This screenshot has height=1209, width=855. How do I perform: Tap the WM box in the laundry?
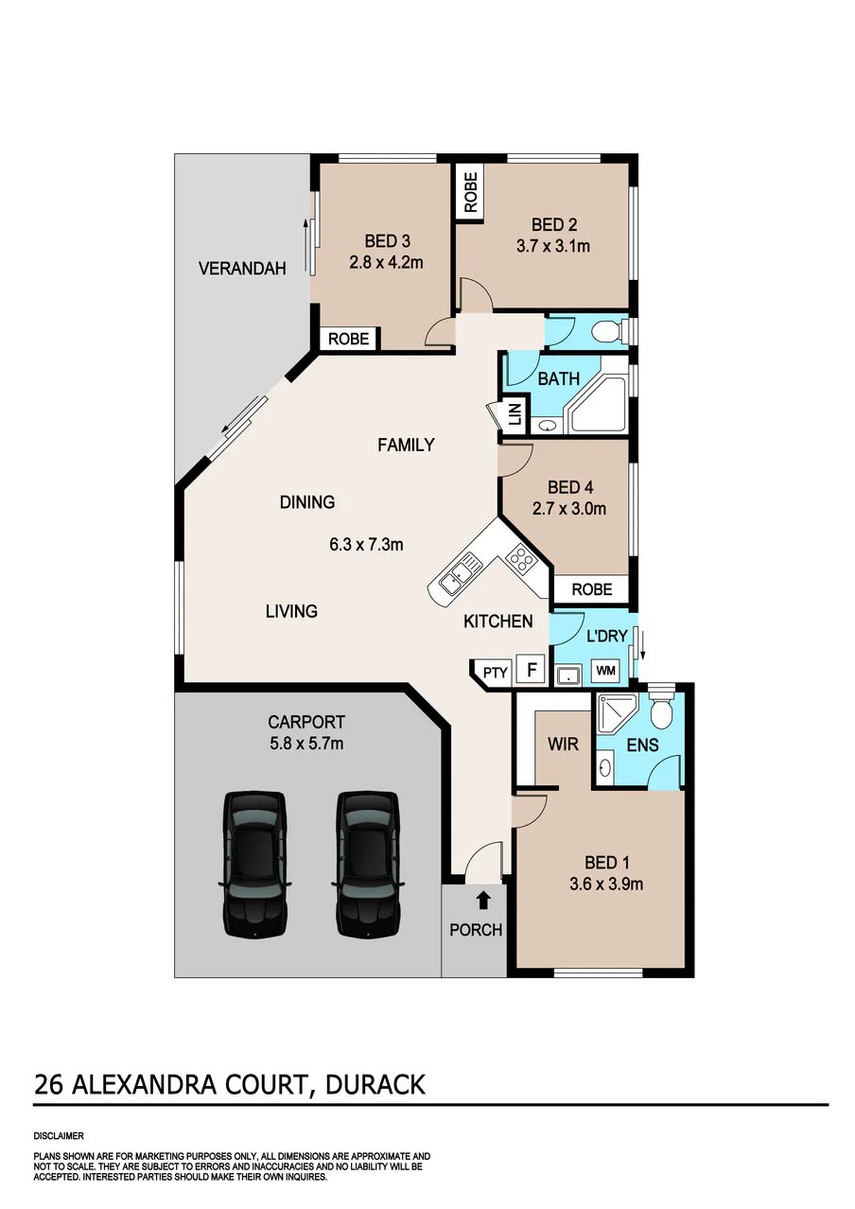[605, 671]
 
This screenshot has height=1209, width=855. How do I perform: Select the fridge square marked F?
[532, 670]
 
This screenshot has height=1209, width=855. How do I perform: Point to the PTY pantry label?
[495, 673]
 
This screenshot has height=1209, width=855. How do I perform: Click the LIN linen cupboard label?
[515, 414]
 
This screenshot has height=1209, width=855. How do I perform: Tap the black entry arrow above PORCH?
[483, 900]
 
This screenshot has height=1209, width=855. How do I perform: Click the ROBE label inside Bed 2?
[470, 192]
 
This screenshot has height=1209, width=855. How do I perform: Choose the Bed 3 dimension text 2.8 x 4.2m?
[387, 263]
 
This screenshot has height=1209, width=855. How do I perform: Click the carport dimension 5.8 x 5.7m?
[306, 744]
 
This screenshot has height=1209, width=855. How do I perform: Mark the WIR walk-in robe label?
[563, 745]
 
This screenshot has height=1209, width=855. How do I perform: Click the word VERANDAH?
[242, 269]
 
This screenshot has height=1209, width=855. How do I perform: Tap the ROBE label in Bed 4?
[592, 589]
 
